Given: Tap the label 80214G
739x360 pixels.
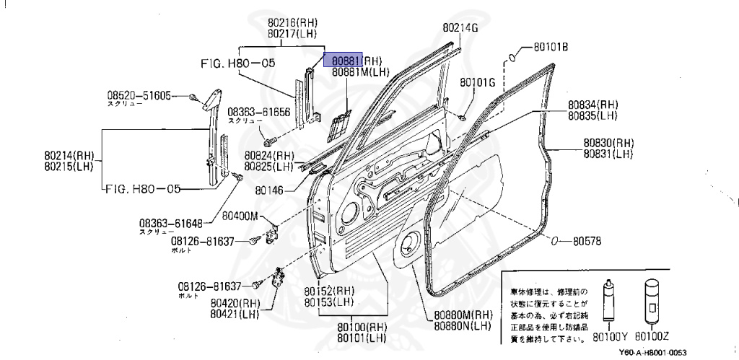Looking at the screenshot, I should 460,27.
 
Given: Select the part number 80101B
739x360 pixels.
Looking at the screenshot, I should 551,48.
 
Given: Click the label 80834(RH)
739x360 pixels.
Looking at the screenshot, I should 592,105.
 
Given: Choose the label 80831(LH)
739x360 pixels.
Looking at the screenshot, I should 609,154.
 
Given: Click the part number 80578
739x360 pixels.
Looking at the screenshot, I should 587,240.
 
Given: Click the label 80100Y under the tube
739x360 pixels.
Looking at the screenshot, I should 611,336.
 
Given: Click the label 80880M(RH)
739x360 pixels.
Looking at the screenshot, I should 463,315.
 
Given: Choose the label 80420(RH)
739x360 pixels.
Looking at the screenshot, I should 235,303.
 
